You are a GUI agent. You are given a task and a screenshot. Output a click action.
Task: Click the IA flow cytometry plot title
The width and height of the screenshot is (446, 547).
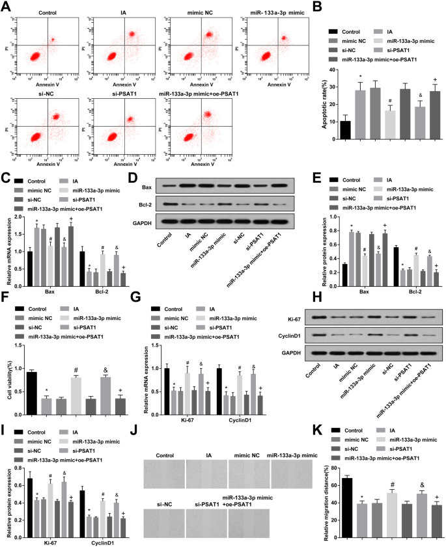(x=124, y=12)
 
